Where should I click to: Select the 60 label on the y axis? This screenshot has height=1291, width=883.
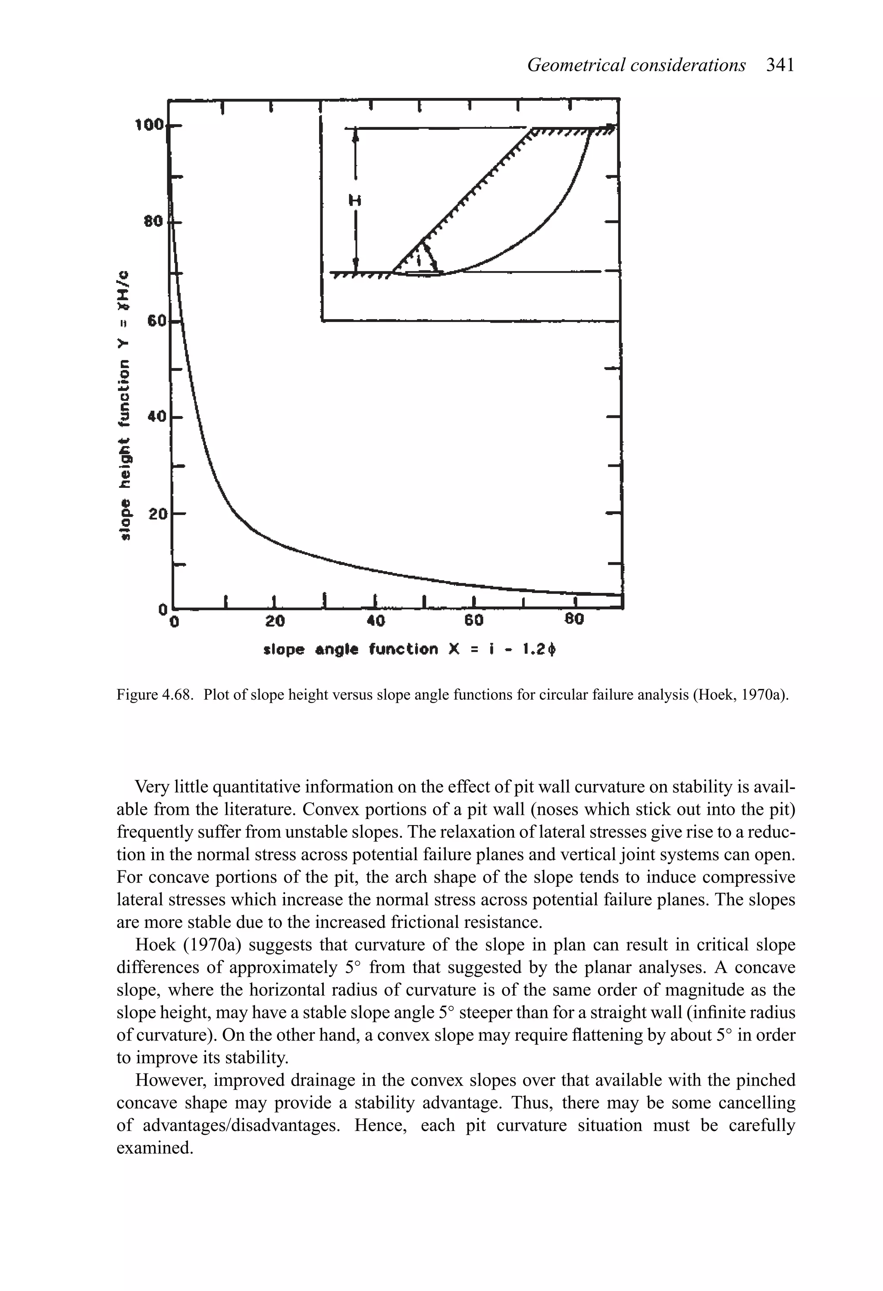coord(156,321)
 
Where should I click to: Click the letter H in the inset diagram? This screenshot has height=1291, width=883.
coord(354,200)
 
